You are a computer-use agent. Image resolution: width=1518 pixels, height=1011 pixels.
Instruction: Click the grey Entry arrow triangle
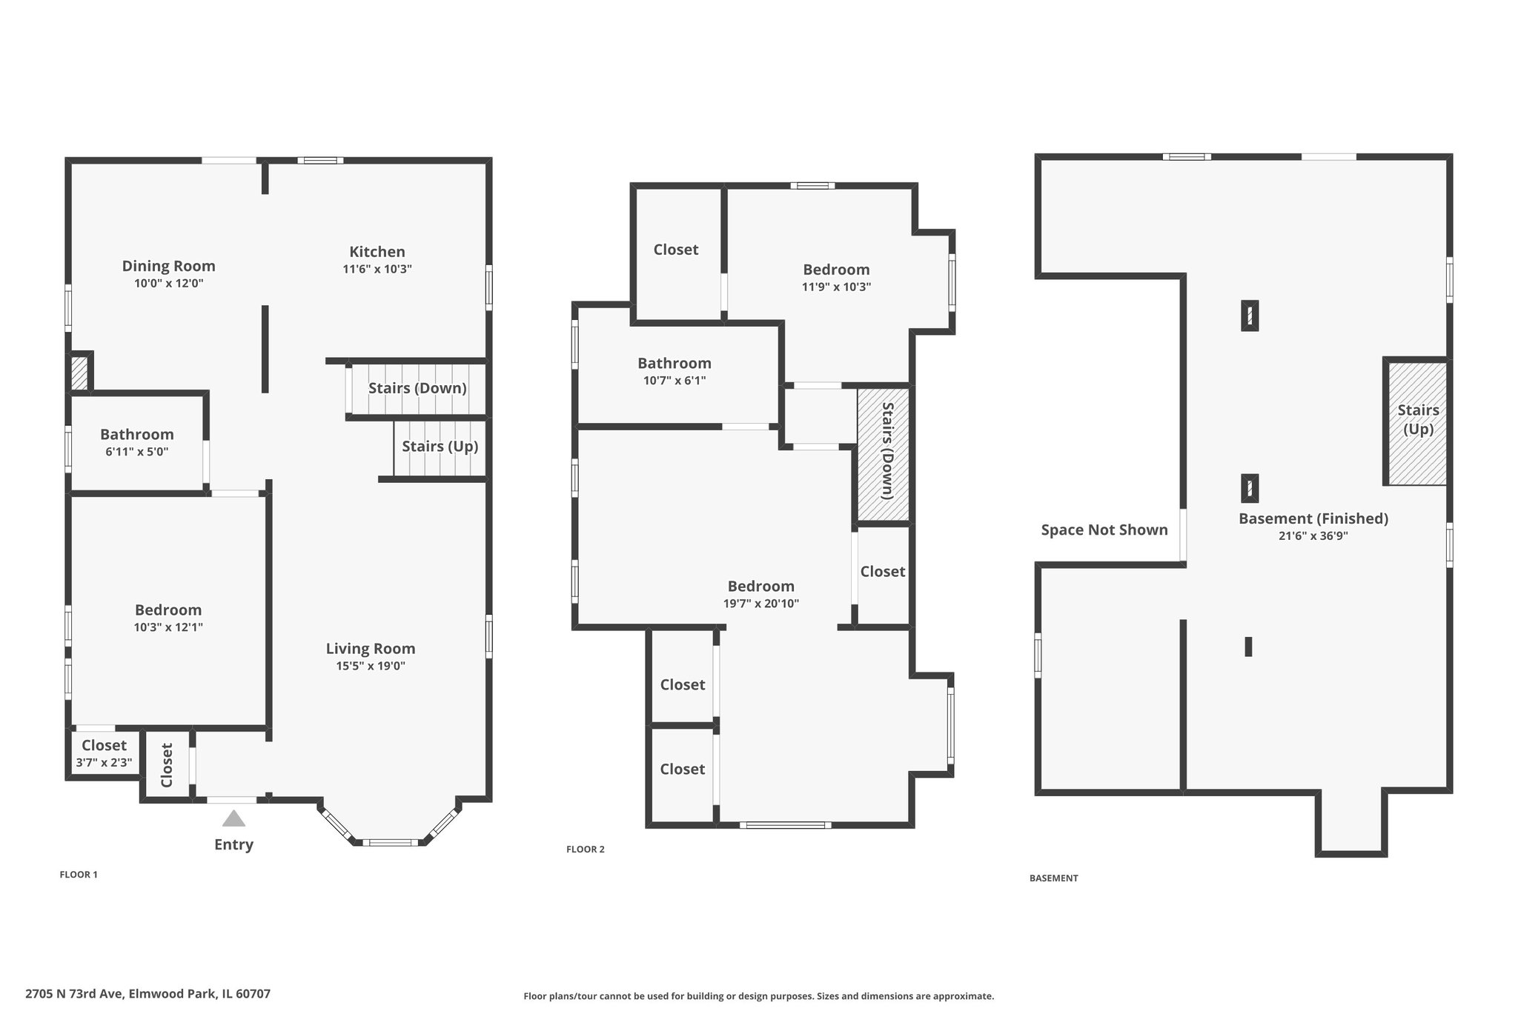(x=233, y=818)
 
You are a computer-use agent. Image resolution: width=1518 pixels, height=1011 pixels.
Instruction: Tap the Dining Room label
(x=168, y=266)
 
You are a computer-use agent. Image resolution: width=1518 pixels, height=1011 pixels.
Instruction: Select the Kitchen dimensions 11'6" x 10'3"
(x=377, y=270)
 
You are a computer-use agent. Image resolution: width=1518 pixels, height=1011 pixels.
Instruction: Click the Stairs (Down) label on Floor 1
(x=417, y=388)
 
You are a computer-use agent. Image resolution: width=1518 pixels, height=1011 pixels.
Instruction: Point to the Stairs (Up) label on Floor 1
(x=440, y=446)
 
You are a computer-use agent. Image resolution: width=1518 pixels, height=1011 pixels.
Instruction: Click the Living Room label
(x=371, y=649)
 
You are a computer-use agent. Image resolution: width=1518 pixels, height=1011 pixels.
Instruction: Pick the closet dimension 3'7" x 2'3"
(x=104, y=763)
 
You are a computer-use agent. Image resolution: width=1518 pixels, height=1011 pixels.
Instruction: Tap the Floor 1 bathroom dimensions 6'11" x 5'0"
(x=137, y=452)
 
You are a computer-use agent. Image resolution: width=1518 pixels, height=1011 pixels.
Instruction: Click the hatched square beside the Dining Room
(x=79, y=373)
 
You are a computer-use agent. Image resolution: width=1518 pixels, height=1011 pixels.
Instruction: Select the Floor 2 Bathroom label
(x=675, y=363)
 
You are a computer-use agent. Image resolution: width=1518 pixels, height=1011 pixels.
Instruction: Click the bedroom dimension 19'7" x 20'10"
(x=761, y=604)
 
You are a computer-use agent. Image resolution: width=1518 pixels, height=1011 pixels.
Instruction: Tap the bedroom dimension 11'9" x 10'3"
(x=836, y=287)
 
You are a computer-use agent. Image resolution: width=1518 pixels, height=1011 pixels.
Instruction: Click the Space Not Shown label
(x=1104, y=530)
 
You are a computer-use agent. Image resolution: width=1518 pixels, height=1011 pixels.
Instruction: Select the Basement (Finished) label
(x=1313, y=518)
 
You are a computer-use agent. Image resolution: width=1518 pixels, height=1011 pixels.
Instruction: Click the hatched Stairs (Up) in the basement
(x=1417, y=422)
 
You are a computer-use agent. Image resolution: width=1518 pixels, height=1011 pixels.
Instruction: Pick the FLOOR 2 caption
(x=586, y=850)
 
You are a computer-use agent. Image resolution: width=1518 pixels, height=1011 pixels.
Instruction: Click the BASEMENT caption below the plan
(x=1054, y=878)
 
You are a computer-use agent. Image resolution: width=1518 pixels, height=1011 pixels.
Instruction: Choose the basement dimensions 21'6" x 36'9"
(x=1313, y=536)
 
